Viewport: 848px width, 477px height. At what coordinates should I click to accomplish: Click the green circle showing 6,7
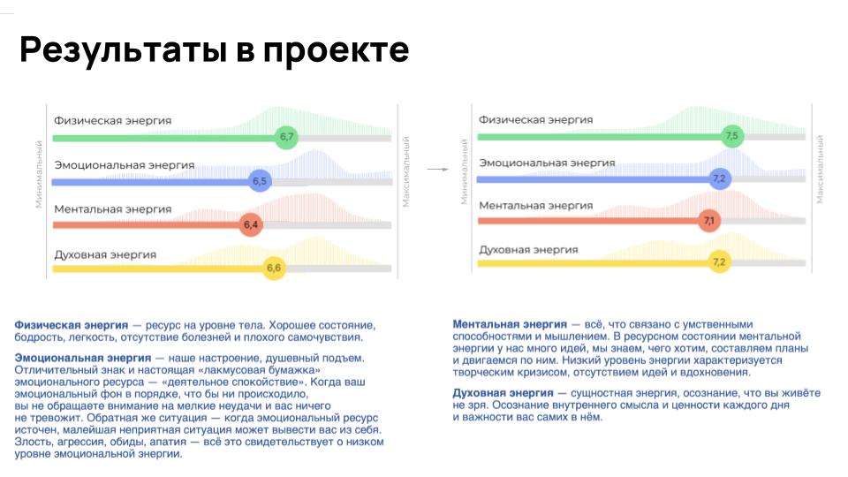286,137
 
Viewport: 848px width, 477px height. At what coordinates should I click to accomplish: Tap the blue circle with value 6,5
260,181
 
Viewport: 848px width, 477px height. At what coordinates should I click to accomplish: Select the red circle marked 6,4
251,224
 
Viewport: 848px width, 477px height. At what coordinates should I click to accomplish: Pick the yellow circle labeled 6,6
274,268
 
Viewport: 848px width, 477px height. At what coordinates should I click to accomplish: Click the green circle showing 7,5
732,136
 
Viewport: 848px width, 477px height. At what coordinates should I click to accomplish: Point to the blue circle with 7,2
720,178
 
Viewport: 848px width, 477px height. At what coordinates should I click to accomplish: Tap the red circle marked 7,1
709,221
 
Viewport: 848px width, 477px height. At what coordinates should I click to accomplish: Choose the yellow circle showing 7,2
720,262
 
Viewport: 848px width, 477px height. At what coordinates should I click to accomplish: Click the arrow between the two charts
437,170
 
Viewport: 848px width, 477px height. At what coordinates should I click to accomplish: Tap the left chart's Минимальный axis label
39,174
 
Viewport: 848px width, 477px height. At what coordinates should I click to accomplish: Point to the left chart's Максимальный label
406,171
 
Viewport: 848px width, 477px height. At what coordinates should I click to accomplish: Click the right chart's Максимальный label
820,170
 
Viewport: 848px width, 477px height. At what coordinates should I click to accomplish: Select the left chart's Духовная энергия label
105,254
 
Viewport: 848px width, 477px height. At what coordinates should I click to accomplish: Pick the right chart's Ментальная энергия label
536,206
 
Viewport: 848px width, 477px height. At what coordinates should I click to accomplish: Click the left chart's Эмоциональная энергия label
124,165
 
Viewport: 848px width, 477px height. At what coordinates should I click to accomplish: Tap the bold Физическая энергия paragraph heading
72,326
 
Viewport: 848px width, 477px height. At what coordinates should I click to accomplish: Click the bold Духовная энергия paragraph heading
503,393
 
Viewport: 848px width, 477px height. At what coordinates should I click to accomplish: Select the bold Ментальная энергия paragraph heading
510,324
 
